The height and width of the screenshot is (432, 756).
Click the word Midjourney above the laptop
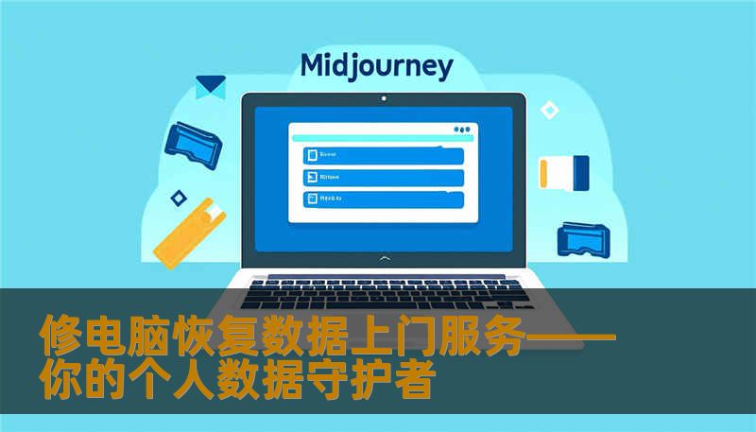[x=376, y=66]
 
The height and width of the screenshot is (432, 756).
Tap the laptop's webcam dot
[x=383, y=98]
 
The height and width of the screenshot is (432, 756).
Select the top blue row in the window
[x=383, y=155]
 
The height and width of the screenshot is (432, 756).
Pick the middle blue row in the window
[x=383, y=177]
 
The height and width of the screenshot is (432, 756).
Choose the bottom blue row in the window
[x=383, y=199]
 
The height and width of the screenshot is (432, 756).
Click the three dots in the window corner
[x=461, y=130]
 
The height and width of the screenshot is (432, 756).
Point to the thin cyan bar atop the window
[x=378, y=139]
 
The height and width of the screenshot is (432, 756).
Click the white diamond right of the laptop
[x=549, y=111]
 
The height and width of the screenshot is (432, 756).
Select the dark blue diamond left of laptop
[x=178, y=198]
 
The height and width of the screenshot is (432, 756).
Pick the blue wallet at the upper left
[x=193, y=138]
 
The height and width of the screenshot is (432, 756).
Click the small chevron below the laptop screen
[x=383, y=257]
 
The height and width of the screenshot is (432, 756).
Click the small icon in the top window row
[x=310, y=155]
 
